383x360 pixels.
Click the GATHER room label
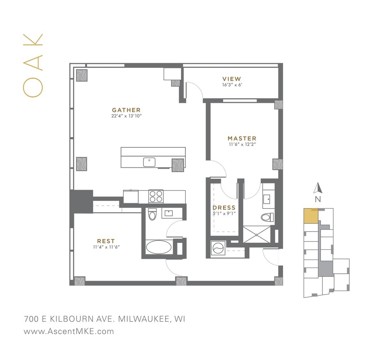coord(126,110)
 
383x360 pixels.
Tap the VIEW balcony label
coord(232,79)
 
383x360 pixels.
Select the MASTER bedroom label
coord(242,138)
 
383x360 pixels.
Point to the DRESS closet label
coord(224,208)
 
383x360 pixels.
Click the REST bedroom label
coord(106,241)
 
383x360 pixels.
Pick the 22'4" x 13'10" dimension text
coord(126,116)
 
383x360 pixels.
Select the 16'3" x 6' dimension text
coord(232,85)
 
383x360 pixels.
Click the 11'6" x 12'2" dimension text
coord(242,144)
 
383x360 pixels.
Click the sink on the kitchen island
coord(149,162)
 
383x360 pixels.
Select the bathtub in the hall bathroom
coord(159,247)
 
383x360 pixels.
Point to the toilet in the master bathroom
coord(267,217)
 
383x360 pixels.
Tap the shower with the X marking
coord(257,234)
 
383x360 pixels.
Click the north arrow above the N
coord(318,188)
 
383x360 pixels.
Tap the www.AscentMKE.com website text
coord(69,331)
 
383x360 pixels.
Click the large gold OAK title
coord(33,65)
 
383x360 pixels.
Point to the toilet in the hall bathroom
coord(152,215)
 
